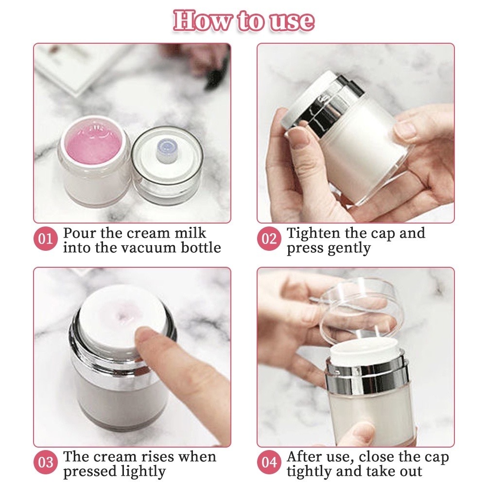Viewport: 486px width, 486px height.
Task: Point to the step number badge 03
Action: coord(45,463)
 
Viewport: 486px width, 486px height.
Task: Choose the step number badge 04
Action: coord(268,463)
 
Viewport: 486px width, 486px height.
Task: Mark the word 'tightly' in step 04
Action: coord(311,471)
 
